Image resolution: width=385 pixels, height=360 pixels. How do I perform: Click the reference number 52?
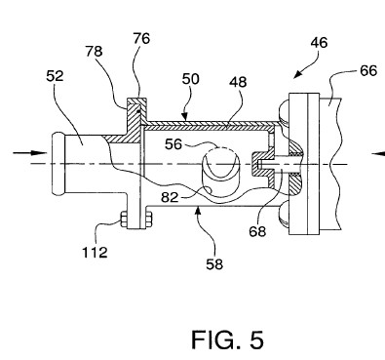55,76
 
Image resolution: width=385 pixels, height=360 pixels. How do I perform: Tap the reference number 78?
95,51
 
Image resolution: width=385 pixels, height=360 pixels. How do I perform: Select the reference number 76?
141,39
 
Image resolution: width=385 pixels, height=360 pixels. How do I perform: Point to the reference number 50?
191,79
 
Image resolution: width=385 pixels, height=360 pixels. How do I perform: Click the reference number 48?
238,82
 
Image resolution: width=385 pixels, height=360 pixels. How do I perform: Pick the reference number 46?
319,43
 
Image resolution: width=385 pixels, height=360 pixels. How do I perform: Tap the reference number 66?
368,70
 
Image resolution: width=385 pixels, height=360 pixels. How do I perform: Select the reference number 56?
173,144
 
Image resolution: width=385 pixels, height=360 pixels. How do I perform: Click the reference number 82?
171,197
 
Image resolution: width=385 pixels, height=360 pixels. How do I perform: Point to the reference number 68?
257,231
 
